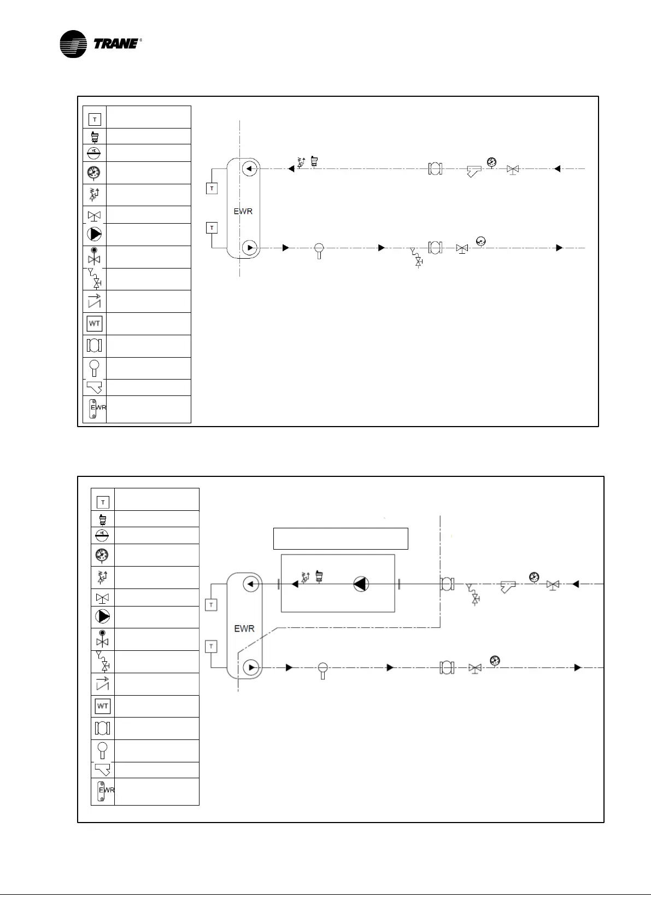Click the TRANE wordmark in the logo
coord(116,44)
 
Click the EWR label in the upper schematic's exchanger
coord(243,211)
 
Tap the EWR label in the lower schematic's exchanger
coord(244,628)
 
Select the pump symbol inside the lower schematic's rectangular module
coord(361,584)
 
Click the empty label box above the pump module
coord(341,538)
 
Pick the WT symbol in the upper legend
coord(95,324)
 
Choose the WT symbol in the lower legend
coord(103,706)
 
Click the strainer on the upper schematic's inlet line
coord(474,171)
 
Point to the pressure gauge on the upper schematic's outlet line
coord(481,241)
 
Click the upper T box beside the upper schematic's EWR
coord(212,188)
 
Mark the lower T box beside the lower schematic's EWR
coord(212,646)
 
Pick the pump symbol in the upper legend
coord(95,234)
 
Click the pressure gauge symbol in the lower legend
coord(102,555)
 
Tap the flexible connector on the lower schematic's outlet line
coord(447,667)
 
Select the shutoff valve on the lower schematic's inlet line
coord(553,585)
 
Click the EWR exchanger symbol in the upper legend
coord(95,409)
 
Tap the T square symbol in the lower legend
coord(103,502)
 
